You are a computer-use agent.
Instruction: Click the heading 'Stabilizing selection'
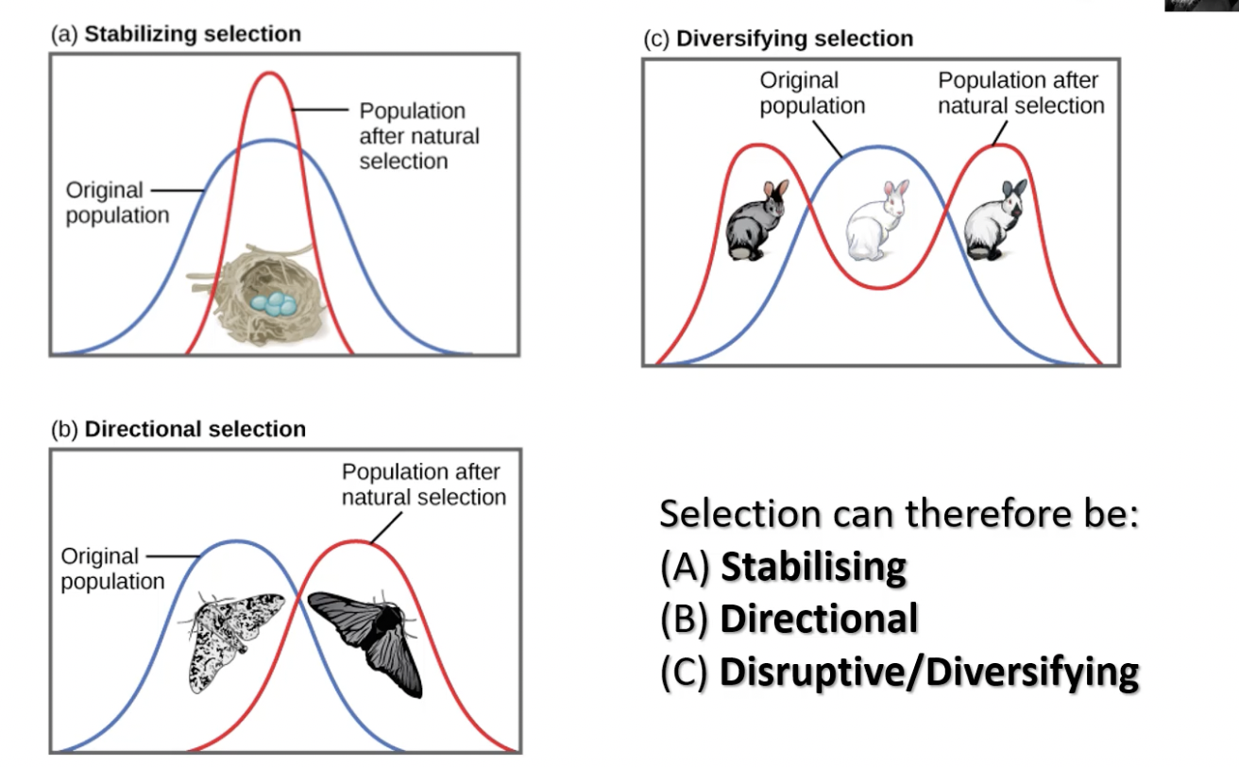pyautogui.click(x=193, y=35)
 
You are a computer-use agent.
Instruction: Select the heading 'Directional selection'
pyautogui.click(x=195, y=429)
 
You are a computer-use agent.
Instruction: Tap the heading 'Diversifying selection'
pyautogui.click(x=795, y=39)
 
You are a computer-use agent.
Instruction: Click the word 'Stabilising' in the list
pyautogui.click(x=813, y=567)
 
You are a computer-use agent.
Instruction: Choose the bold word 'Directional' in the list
pyautogui.click(x=819, y=619)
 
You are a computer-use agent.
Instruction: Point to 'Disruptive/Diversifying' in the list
pyautogui.click(x=929, y=672)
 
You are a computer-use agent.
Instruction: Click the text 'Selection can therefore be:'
pyautogui.click(x=899, y=514)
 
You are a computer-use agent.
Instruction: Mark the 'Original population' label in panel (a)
pyautogui.click(x=117, y=202)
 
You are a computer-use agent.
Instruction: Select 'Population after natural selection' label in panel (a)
pyautogui.click(x=418, y=136)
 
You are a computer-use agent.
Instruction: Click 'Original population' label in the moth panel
pyautogui.click(x=112, y=569)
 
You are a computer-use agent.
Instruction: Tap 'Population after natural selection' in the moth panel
pyautogui.click(x=423, y=484)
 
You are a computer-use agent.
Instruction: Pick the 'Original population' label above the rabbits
pyautogui.click(x=812, y=94)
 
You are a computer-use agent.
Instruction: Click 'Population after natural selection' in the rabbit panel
pyautogui.click(x=1020, y=93)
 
